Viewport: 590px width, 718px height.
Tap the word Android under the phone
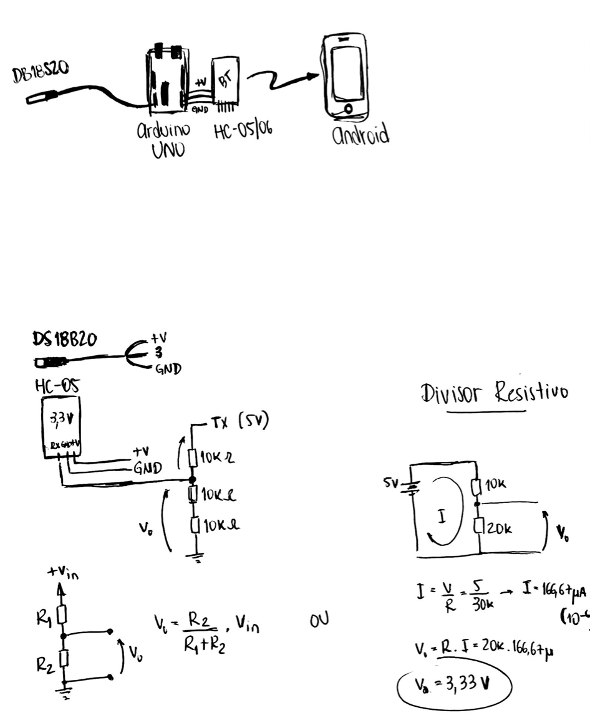tap(360, 135)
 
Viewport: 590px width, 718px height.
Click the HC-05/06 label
tap(243, 132)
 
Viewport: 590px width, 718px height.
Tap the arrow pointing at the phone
tap(284, 79)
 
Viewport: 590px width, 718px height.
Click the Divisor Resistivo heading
tap(494, 393)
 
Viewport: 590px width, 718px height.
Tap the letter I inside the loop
tap(442, 517)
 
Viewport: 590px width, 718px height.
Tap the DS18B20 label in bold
tap(65, 341)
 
